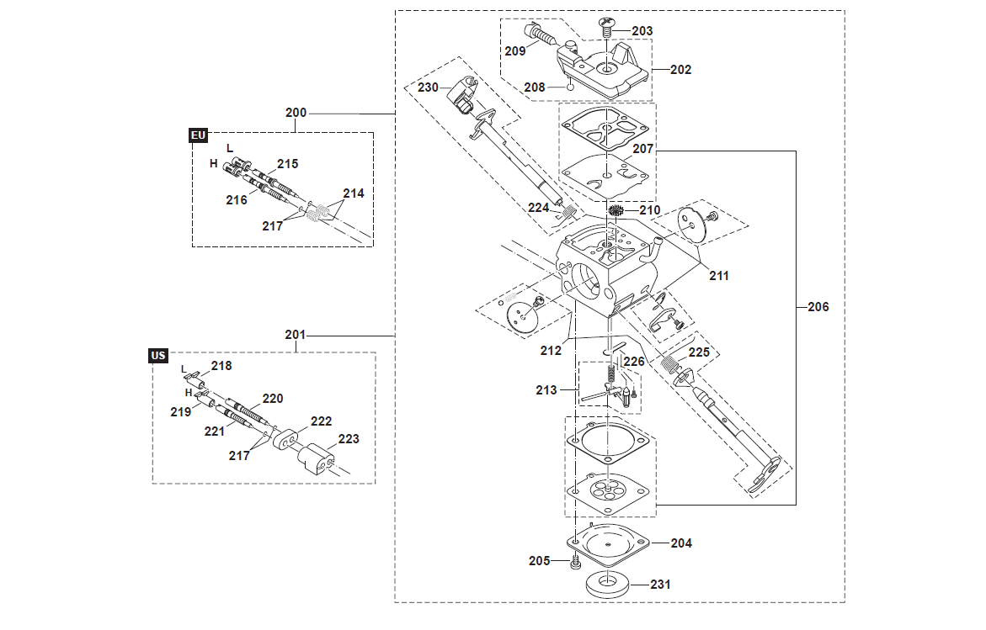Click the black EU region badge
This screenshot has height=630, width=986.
pos(198,135)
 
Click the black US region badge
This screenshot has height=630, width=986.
pos(157,356)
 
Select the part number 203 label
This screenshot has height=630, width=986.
pos(642,31)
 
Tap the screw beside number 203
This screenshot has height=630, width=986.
pos(606,27)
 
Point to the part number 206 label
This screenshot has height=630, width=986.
pos(818,306)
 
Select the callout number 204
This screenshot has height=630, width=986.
pos(681,543)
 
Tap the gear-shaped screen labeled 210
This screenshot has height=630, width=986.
pos(615,211)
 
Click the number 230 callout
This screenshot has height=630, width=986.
pos(428,87)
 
